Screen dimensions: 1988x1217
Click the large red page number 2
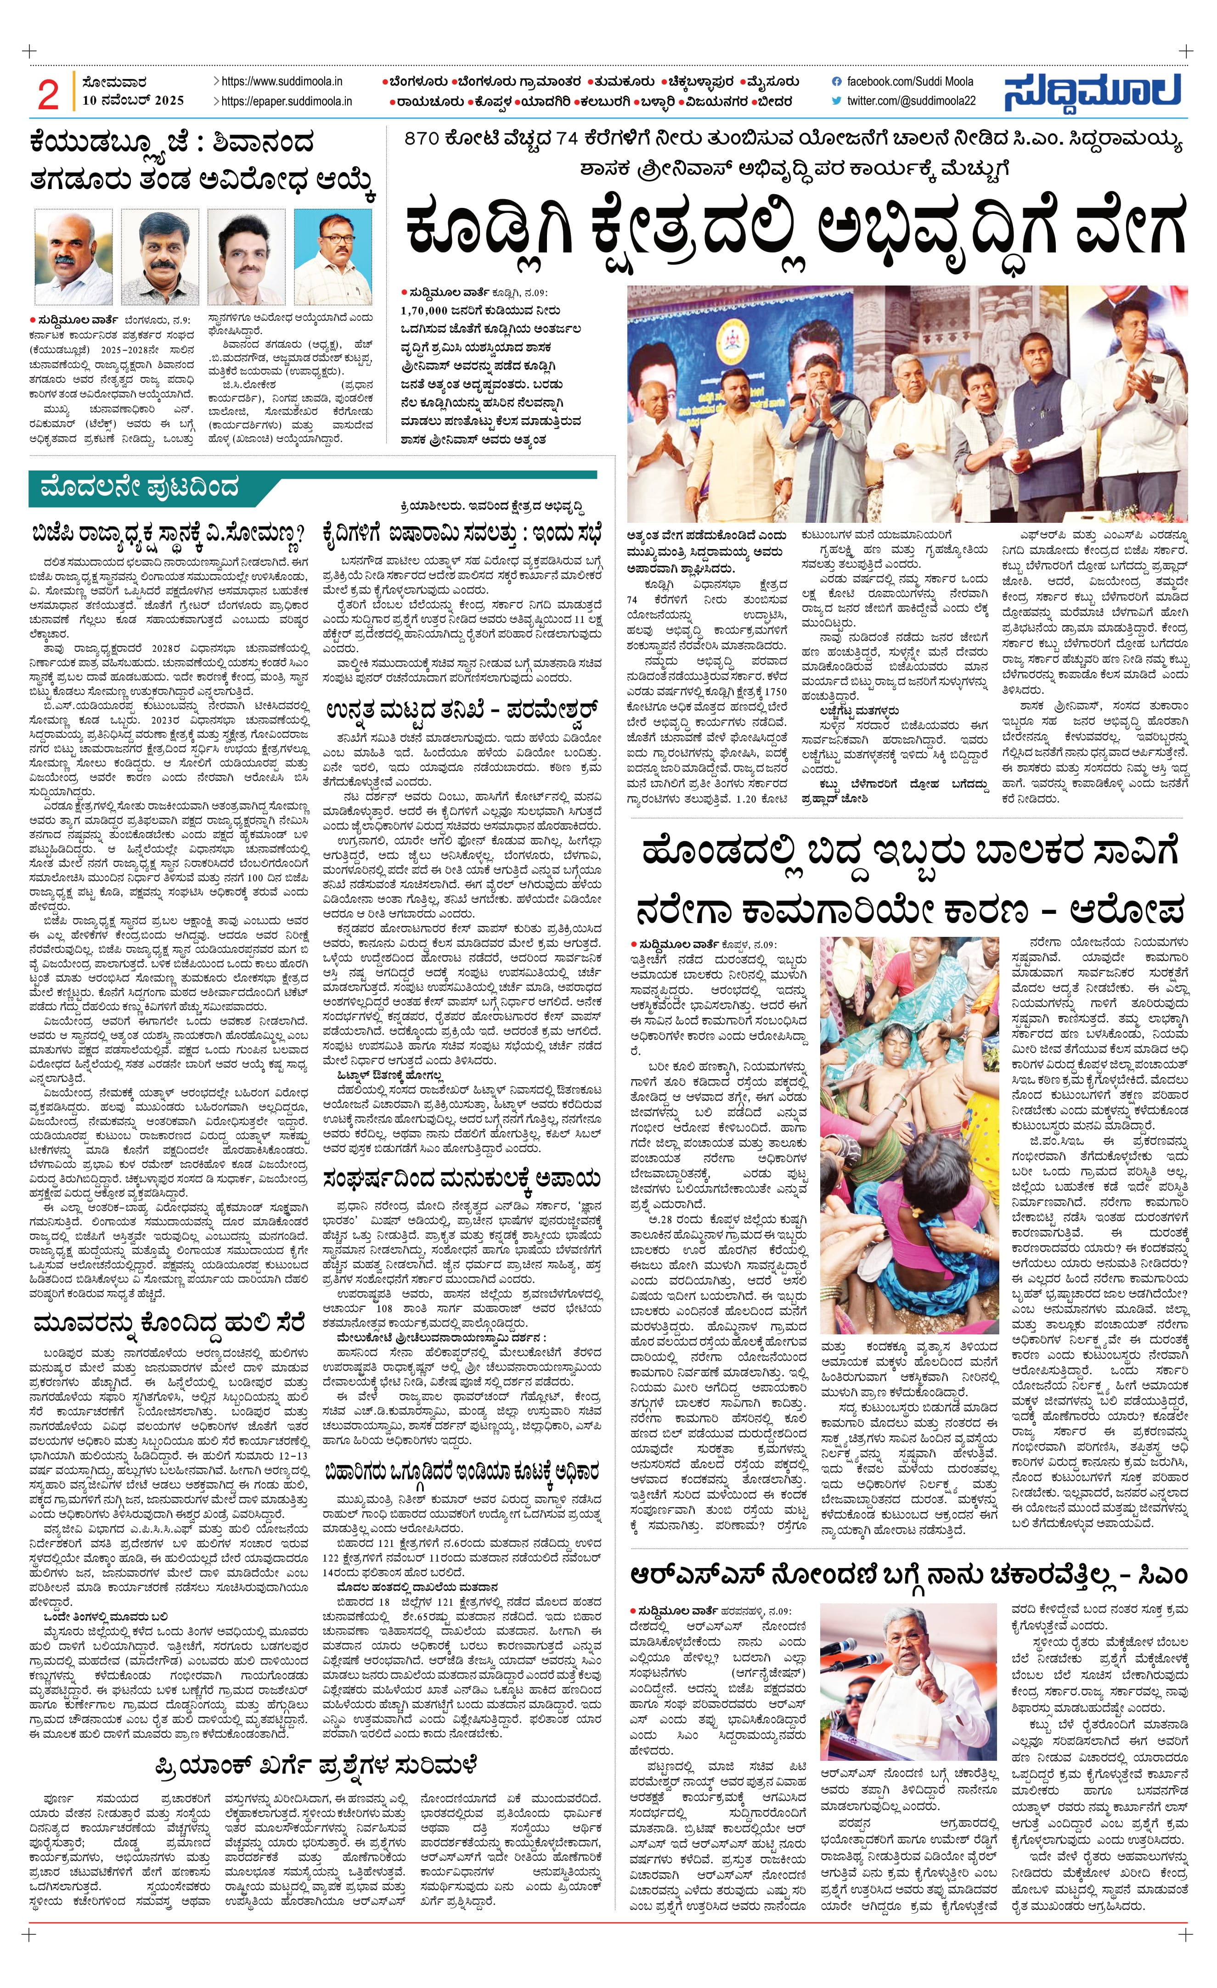coord(48,95)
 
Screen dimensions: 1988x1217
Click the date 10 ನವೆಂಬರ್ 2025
coord(133,101)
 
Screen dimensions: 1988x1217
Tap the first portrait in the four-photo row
coord(73,256)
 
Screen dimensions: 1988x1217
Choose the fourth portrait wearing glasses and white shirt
coord(332,256)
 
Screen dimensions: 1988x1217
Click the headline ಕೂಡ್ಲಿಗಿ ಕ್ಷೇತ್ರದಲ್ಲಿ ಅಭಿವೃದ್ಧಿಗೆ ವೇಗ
coord(795,228)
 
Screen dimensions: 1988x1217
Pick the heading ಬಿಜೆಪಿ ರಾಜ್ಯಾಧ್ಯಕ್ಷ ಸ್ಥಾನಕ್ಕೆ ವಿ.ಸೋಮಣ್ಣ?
coord(169,534)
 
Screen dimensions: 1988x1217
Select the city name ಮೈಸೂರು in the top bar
coord(771,82)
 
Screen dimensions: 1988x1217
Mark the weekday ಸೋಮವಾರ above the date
coord(115,82)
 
